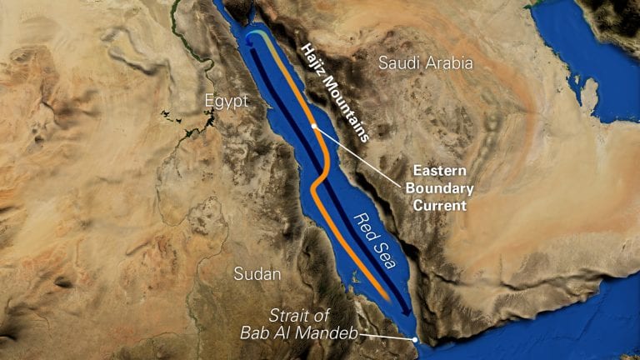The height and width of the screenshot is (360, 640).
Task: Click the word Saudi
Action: click(x=397, y=62)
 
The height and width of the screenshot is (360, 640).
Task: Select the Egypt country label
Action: click(x=226, y=101)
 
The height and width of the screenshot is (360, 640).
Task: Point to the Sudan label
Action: click(x=257, y=273)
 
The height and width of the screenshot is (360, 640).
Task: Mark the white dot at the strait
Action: click(x=415, y=339)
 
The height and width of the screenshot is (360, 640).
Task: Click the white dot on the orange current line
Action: click(x=313, y=126)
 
